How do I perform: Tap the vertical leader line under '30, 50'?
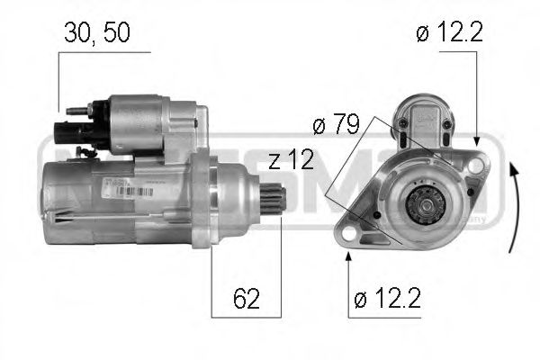[58, 85]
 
